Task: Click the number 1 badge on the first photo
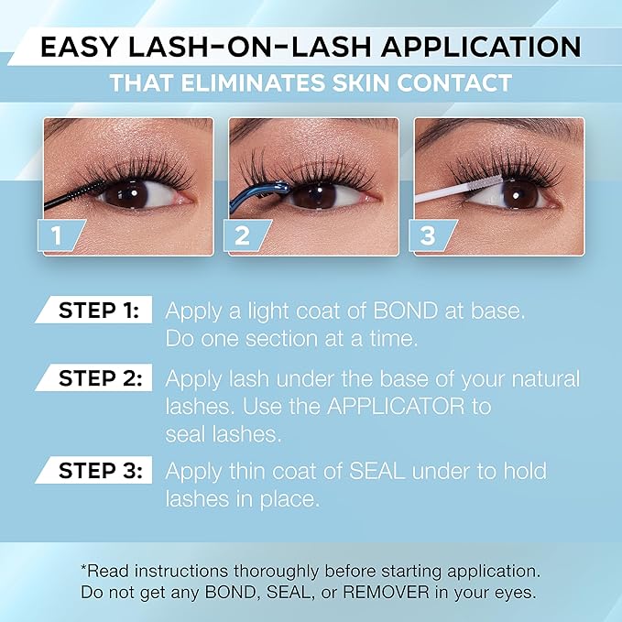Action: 56,235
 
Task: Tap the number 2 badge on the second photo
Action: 243,235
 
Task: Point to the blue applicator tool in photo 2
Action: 266,193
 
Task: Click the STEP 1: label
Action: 97,311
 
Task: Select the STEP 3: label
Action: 97,471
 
